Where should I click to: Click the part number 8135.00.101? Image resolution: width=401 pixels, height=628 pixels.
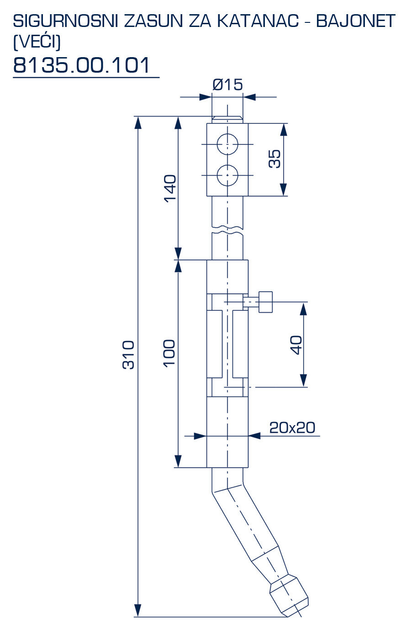pyautogui.click(x=82, y=65)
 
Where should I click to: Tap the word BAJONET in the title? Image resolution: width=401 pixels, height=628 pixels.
pyautogui.click(x=355, y=21)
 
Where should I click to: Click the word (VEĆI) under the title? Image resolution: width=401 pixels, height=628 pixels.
pyautogui.click(x=37, y=42)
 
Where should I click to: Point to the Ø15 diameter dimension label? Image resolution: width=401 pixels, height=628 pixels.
pyautogui.click(x=227, y=85)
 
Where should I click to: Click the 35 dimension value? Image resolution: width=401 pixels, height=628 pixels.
pyautogui.click(x=274, y=159)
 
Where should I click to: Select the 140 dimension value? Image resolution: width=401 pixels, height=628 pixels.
pyautogui.click(x=170, y=188)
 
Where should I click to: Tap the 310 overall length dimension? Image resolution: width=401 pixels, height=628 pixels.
pyautogui.click(x=129, y=354)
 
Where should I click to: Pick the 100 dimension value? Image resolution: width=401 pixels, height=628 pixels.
pyautogui.click(x=169, y=352)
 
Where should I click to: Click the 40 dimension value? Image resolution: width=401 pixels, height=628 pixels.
pyautogui.click(x=296, y=345)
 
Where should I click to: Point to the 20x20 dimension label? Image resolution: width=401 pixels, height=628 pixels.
pyautogui.click(x=292, y=427)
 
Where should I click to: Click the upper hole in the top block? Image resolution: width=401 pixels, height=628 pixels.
pyautogui.click(x=227, y=145)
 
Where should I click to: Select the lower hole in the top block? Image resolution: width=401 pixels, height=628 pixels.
pyautogui.click(x=227, y=175)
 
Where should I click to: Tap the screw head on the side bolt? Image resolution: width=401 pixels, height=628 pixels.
pyautogui.click(x=266, y=302)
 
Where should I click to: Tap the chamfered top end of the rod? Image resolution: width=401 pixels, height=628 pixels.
pyautogui.click(x=227, y=119)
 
